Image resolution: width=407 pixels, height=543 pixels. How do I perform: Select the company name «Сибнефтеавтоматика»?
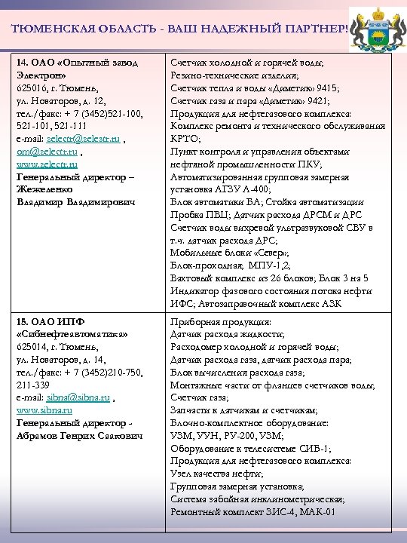pos(72,333)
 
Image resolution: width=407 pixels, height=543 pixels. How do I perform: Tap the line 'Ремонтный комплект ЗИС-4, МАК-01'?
pos(252,511)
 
